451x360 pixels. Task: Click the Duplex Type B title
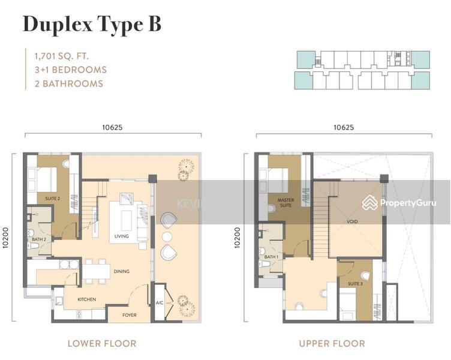pos(92,25)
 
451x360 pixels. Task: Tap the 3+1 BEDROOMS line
pos(71,70)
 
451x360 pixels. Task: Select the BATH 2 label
pos(39,239)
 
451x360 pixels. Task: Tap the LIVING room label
pos(122,236)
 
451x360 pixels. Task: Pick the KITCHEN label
pos(87,299)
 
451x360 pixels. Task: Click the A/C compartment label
pos(160,303)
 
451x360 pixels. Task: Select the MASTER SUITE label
pos(285,202)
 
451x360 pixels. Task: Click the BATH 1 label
pos(271,257)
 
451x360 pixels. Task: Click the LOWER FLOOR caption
pos(102,344)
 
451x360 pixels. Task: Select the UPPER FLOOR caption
pos(332,344)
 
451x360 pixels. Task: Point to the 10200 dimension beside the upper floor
pos(237,238)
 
